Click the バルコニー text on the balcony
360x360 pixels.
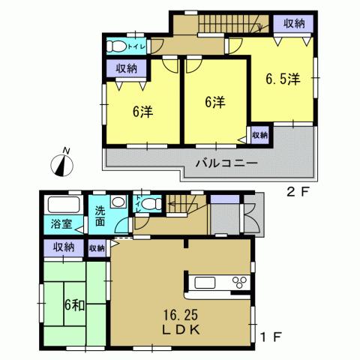pos(227,162)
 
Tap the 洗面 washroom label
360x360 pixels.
pos(99,218)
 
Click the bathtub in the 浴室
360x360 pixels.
pos(64,205)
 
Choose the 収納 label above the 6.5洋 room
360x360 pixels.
pos(294,25)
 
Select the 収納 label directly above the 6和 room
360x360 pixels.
pos(63,247)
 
